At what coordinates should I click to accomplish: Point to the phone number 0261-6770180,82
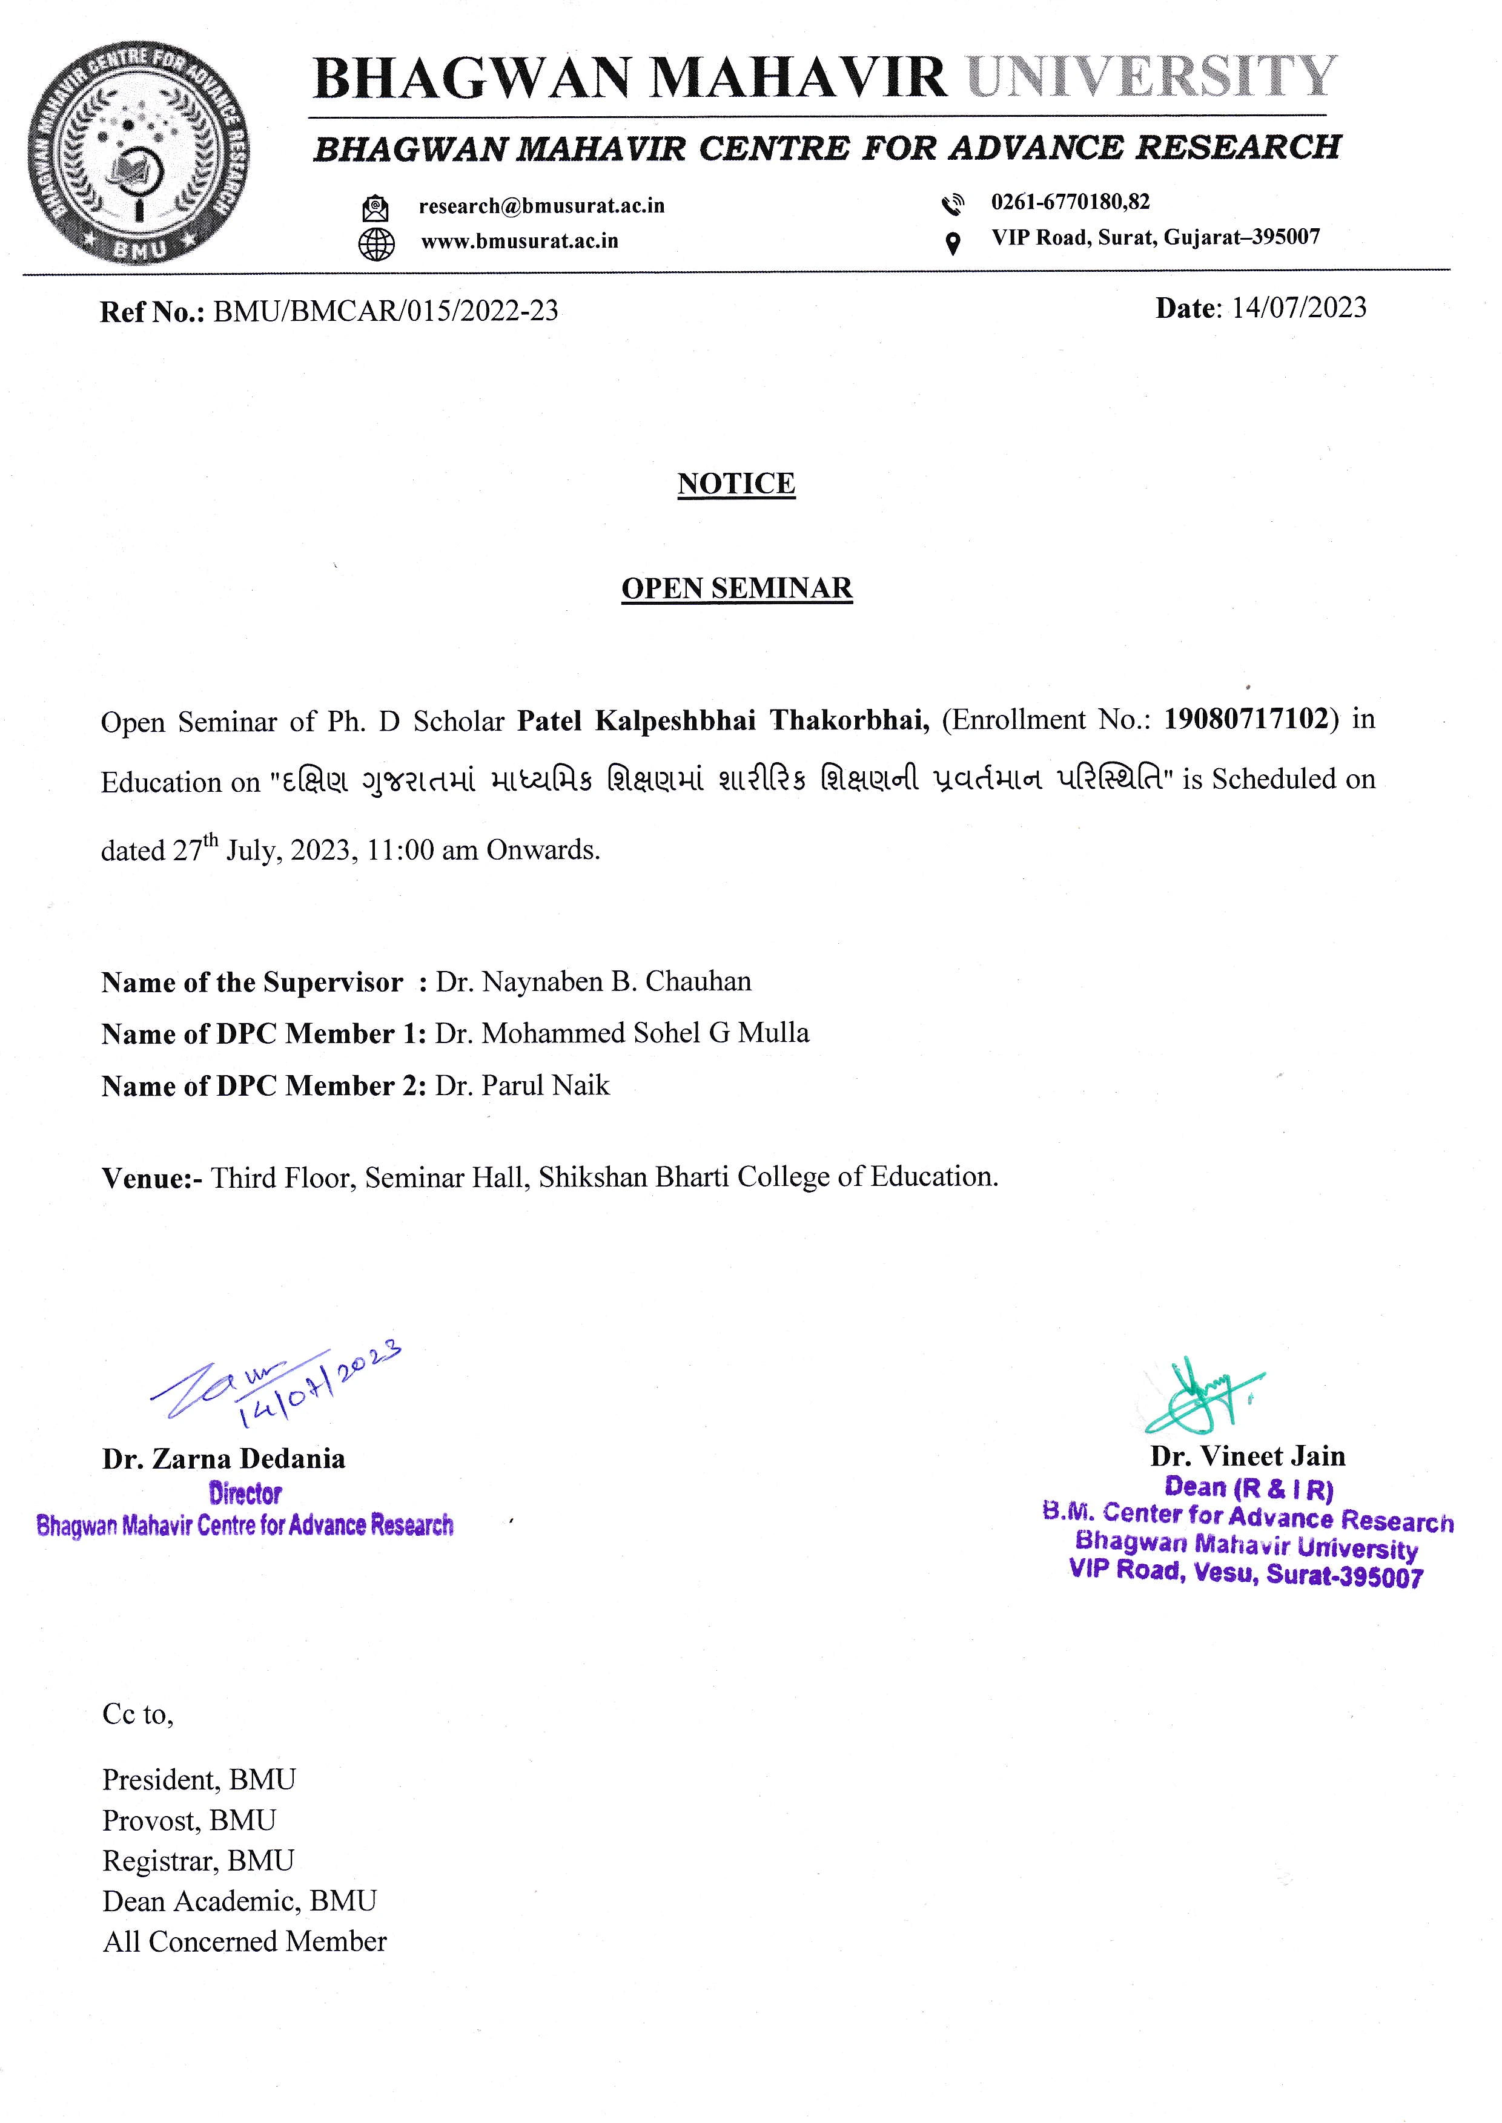[1070, 202]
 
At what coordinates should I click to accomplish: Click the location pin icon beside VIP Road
[951, 243]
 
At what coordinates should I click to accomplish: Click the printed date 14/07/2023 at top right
[1298, 308]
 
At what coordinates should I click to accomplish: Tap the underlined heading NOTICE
[736, 484]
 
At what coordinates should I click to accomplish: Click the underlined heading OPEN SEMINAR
[736, 588]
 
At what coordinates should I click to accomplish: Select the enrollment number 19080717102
[1246, 719]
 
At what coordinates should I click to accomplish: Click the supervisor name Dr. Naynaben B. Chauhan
[593, 981]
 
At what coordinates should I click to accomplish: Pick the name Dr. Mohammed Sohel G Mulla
[621, 1033]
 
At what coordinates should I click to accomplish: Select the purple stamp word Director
[245, 1493]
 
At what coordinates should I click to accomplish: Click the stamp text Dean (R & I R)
[1249, 1489]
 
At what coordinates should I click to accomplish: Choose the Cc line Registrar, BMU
[198, 1860]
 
